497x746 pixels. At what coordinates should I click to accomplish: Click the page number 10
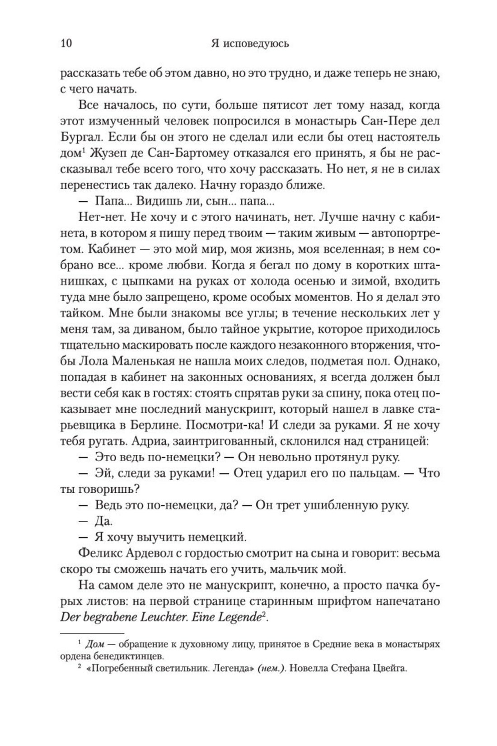(x=66, y=44)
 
